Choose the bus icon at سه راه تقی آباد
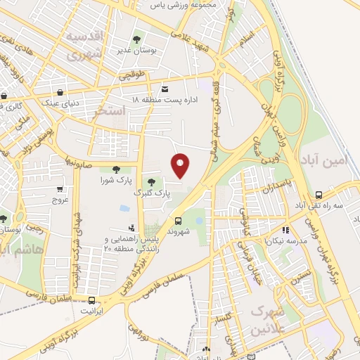pos(319,195)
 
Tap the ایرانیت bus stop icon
pos(91,300)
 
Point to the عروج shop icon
pos(60,188)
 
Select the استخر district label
pos(109,112)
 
